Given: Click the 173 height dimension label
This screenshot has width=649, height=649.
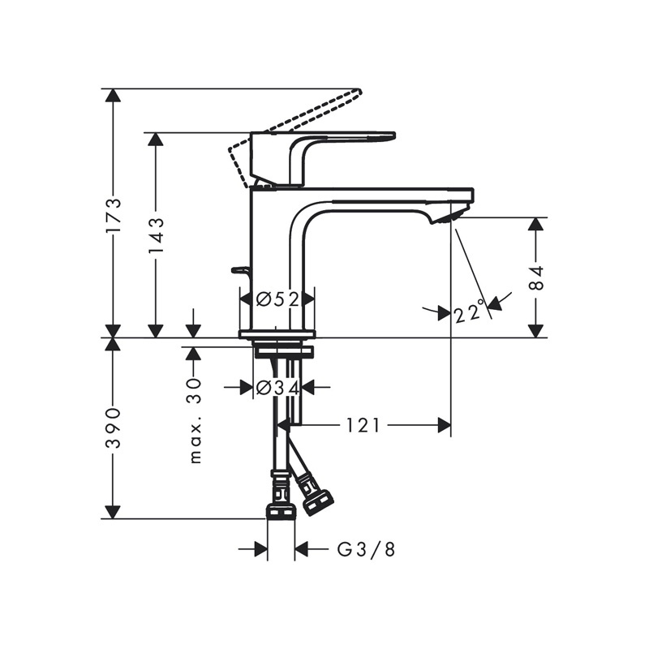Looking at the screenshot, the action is coord(114,216).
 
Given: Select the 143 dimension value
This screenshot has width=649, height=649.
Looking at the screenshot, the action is coord(157,236).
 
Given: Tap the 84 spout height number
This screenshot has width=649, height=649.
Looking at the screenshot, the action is coord(537,277).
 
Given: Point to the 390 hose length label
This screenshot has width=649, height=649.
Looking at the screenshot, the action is coord(113,428).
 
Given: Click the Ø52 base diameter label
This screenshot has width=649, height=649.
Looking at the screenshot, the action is coord(277,299).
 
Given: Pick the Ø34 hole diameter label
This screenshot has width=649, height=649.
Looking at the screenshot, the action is coord(277,388).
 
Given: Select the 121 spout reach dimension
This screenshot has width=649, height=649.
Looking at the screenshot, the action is coord(363,425).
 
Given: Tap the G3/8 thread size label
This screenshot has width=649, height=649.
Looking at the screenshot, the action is coord(367,550).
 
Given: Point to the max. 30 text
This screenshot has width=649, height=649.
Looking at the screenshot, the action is coord(195,420).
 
